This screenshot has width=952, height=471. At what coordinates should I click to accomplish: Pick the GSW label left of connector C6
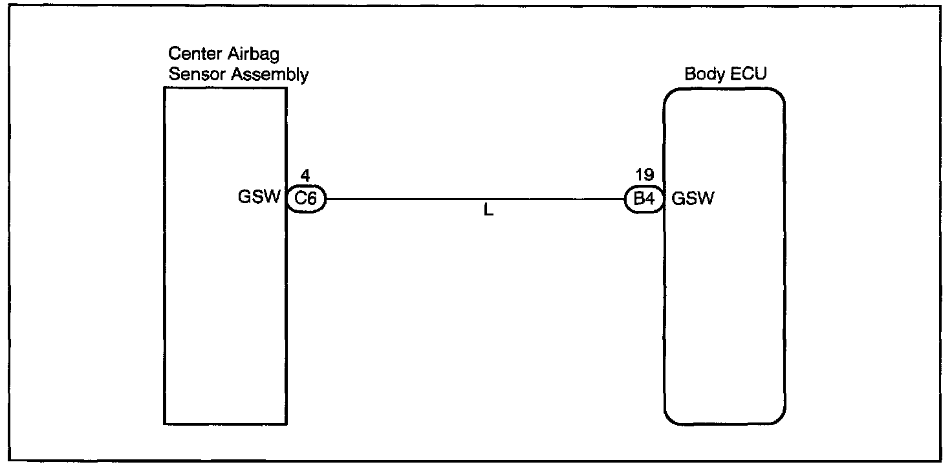point(259,198)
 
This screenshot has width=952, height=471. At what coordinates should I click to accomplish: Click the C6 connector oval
point(305,199)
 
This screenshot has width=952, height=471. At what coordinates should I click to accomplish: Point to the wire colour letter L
point(488,212)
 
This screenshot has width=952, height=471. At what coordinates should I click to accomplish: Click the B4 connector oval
point(644,199)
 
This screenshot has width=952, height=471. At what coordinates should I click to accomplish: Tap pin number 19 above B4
point(644,175)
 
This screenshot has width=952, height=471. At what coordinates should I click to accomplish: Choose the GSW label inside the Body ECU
point(693,199)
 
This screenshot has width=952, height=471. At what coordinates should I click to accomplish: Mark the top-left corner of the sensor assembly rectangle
point(165,88)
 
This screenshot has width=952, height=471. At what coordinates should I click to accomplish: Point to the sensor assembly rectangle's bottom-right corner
point(286,424)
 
